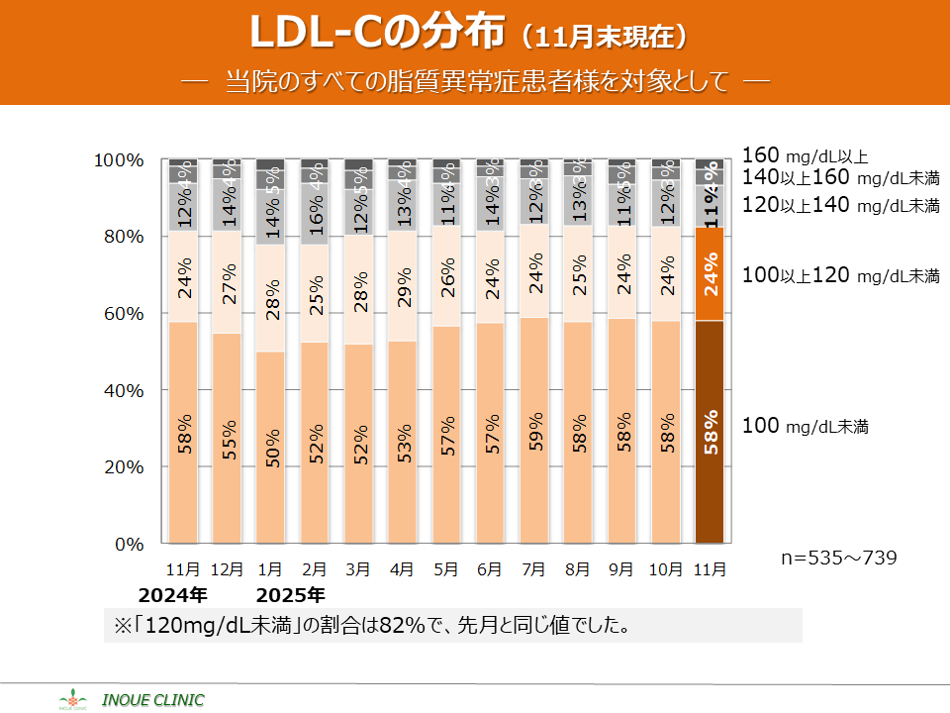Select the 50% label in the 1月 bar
pos(272,448)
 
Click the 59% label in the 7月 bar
pos(534,430)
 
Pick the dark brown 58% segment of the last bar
pos(711,432)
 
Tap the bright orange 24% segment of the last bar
pos(711,273)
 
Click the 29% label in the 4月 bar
pos(404,285)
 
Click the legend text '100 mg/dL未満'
pos(805,427)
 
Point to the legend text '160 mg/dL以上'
pos(805,155)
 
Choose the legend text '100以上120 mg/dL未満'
pos(840,275)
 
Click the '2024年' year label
pos(172,596)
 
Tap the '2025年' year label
pos(291,596)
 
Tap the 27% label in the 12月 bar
pos(229,280)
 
